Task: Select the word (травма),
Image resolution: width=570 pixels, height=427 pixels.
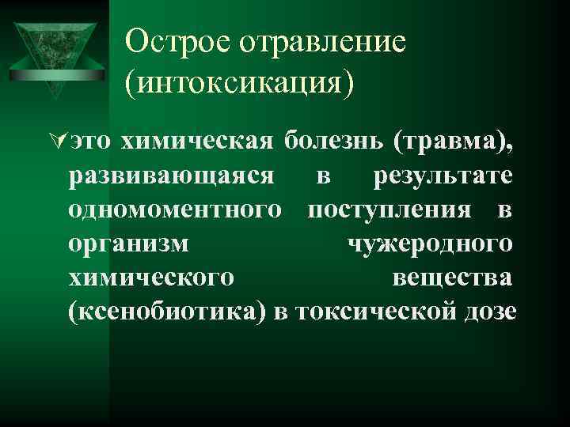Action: [x=462, y=142]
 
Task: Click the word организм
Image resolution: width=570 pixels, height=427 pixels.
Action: [x=129, y=244]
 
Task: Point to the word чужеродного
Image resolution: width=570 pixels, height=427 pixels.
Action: [x=431, y=244]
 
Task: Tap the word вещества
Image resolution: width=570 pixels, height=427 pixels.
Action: [x=453, y=278]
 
